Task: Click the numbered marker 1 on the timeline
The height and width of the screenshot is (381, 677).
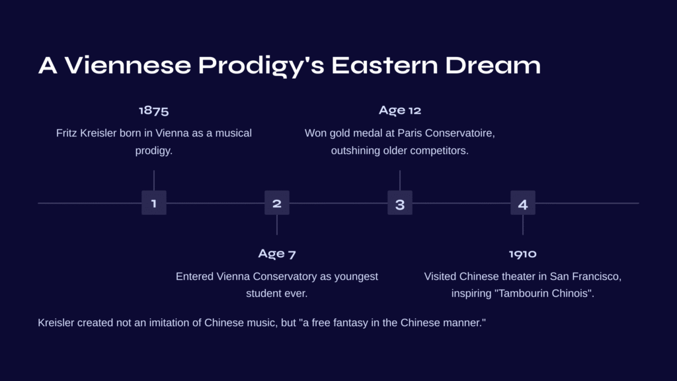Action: pos(153,202)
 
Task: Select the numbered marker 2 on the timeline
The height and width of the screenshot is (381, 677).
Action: pos(277,202)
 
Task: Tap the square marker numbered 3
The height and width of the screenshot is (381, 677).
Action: pos(400,202)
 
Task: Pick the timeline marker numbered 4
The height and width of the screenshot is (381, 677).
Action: pos(523,202)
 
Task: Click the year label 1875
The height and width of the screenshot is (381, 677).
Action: pos(153,110)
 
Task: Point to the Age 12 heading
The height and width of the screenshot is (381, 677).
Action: pos(400,110)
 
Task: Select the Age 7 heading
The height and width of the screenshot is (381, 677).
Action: pos(277,253)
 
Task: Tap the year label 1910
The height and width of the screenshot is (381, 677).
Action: pos(523,253)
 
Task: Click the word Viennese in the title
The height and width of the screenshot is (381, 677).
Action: pos(128,65)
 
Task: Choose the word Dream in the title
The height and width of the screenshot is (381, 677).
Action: pos(493,65)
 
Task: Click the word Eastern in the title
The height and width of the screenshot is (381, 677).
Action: pos(385,65)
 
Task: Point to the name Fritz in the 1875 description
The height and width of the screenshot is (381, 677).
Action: pos(67,133)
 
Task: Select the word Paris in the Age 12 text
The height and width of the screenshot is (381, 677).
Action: pos(409,133)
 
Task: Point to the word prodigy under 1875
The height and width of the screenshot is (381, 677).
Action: pos(153,151)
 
